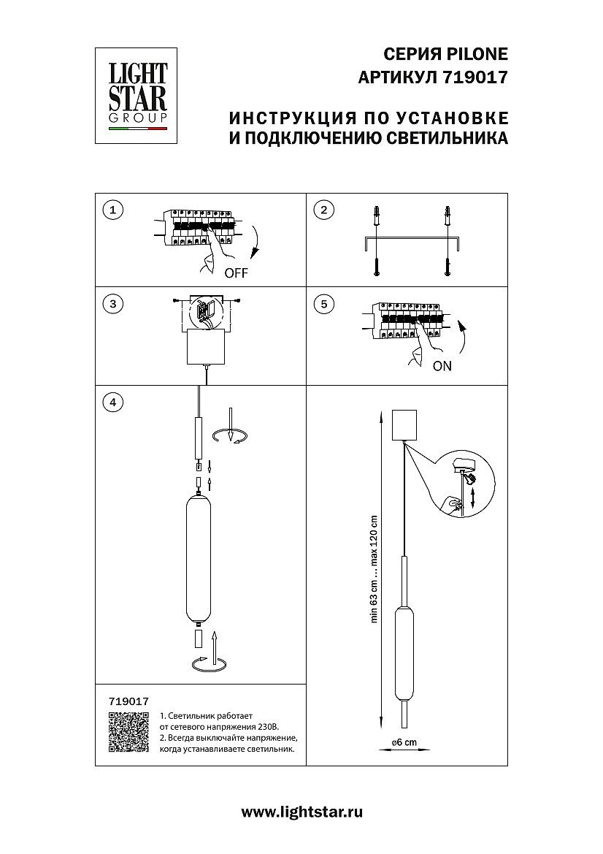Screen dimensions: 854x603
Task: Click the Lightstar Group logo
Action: (x=138, y=96)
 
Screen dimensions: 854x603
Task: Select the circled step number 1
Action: (x=112, y=210)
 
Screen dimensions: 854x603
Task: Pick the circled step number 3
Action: (x=112, y=304)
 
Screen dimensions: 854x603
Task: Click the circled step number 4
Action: (x=112, y=401)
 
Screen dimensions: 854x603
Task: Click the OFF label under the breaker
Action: (x=237, y=274)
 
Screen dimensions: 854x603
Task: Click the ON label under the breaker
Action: (x=442, y=367)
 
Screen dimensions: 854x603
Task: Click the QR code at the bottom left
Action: (x=128, y=731)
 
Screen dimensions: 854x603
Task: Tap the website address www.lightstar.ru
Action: (x=301, y=812)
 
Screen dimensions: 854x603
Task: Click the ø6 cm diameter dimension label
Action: (x=404, y=742)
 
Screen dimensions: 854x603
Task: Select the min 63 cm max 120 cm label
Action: (x=373, y=569)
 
